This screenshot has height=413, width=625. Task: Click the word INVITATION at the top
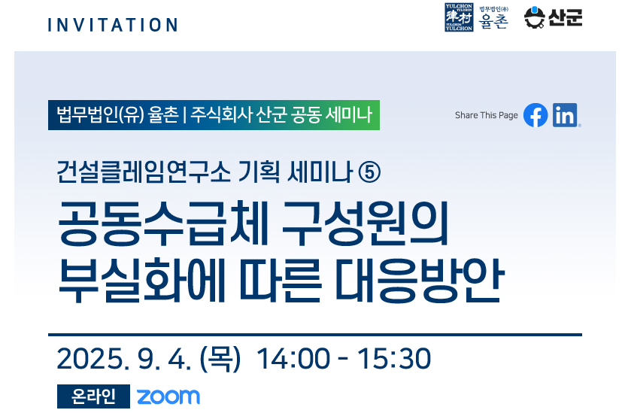coord(113,25)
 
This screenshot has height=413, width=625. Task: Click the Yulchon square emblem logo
coord(459,17)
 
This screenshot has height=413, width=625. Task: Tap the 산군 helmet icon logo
coord(535,17)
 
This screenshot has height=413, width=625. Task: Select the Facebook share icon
coord(535,115)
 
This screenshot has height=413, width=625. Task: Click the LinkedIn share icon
coord(565,115)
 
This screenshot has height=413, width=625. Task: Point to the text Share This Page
coord(487,115)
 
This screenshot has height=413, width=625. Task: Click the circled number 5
coord(369,172)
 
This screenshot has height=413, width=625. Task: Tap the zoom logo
coord(168,396)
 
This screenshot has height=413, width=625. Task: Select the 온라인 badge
coord(93,396)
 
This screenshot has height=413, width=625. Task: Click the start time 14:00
coord(293,359)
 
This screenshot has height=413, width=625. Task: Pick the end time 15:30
coord(394,359)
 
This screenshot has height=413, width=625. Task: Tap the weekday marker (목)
coord(220,359)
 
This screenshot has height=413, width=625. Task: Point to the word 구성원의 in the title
coord(366,223)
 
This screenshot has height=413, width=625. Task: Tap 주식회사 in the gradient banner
coord(221,115)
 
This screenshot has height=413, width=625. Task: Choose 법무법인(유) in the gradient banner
coord(100,115)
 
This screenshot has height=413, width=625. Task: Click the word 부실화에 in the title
coord(142,281)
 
